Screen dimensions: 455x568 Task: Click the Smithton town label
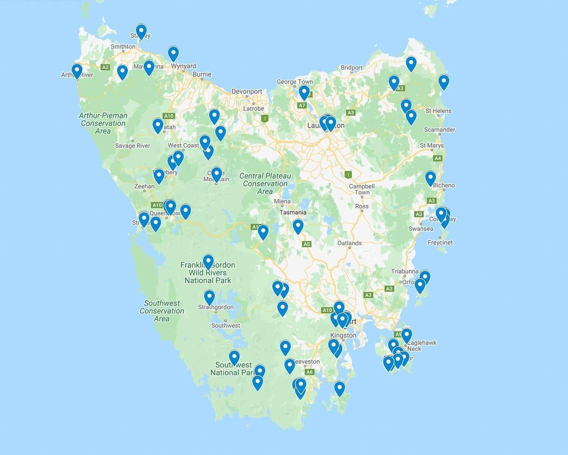coord(123,47)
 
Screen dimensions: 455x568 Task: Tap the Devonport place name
coord(247,91)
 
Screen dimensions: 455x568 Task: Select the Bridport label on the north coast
coord(352,68)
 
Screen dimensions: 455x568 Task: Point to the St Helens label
coord(438,111)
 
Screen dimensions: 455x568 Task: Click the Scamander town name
coord(440,130)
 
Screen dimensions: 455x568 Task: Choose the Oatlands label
coord(349,243)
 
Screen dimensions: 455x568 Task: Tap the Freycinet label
coord(440,243)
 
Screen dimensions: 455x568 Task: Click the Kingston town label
coord(343,335)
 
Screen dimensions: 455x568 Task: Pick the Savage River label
coord(133,146)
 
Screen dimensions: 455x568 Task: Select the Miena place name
coord(283,201)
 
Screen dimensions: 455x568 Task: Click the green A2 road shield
coord(105,68)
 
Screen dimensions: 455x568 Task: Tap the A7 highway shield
coord(302,105)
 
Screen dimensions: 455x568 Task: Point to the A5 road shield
coord(307,244)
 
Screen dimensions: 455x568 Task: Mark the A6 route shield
coord(310,372)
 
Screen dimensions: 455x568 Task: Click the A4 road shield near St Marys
coord(438,158)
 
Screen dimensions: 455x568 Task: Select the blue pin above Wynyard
coord(173,53)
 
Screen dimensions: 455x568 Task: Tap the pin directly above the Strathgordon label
coord(209,297)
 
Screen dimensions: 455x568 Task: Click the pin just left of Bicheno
coord(430,178)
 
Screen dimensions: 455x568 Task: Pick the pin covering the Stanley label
coord(141,31)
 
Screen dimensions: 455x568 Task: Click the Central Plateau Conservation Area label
coord(265,184)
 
